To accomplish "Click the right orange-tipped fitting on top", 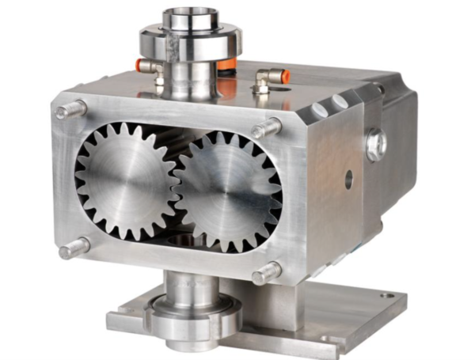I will pyautogui.click(x=277, y=77).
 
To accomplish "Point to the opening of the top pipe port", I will pyautogui.click(x=187, y=14).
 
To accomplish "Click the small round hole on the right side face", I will pyautogui.click(x=348, y=179).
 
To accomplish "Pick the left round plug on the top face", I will pyautogui.click(x=318, y=109).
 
